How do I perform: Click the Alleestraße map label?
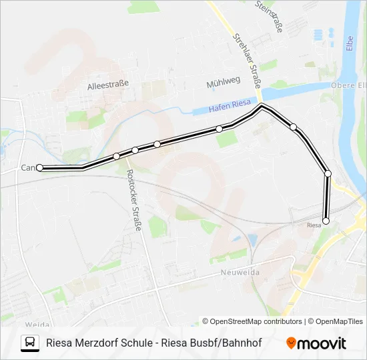coord(107,85)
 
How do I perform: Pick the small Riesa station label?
coord(314,225)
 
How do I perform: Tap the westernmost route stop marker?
coord(40,168)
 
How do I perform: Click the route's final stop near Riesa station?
coord(326,221)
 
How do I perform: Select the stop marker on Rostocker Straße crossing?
coord(117,156)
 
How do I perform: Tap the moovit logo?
coord(316,343)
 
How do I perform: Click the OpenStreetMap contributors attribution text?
coord(252,321)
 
